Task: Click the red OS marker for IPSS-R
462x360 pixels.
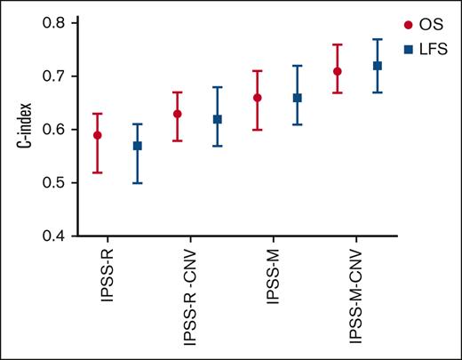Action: (98, 135)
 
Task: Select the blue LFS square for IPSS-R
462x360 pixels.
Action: (137, 146)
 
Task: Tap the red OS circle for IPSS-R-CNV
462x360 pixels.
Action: (177, 114)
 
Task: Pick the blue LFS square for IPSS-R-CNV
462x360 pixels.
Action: (217, 119)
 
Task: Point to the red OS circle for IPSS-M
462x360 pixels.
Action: (258, 98)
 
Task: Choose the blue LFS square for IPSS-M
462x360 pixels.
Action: (297, 98)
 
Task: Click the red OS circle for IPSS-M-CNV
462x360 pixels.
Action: (338, 71)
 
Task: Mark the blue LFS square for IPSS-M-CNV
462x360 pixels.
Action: (377, 66)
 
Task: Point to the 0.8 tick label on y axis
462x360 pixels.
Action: (55, 23)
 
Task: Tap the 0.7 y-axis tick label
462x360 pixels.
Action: (55, 76)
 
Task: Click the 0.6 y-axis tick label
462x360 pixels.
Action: (55, 130)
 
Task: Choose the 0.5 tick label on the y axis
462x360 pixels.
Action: (55, 183)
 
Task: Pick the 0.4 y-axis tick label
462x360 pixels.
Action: (55, 236)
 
